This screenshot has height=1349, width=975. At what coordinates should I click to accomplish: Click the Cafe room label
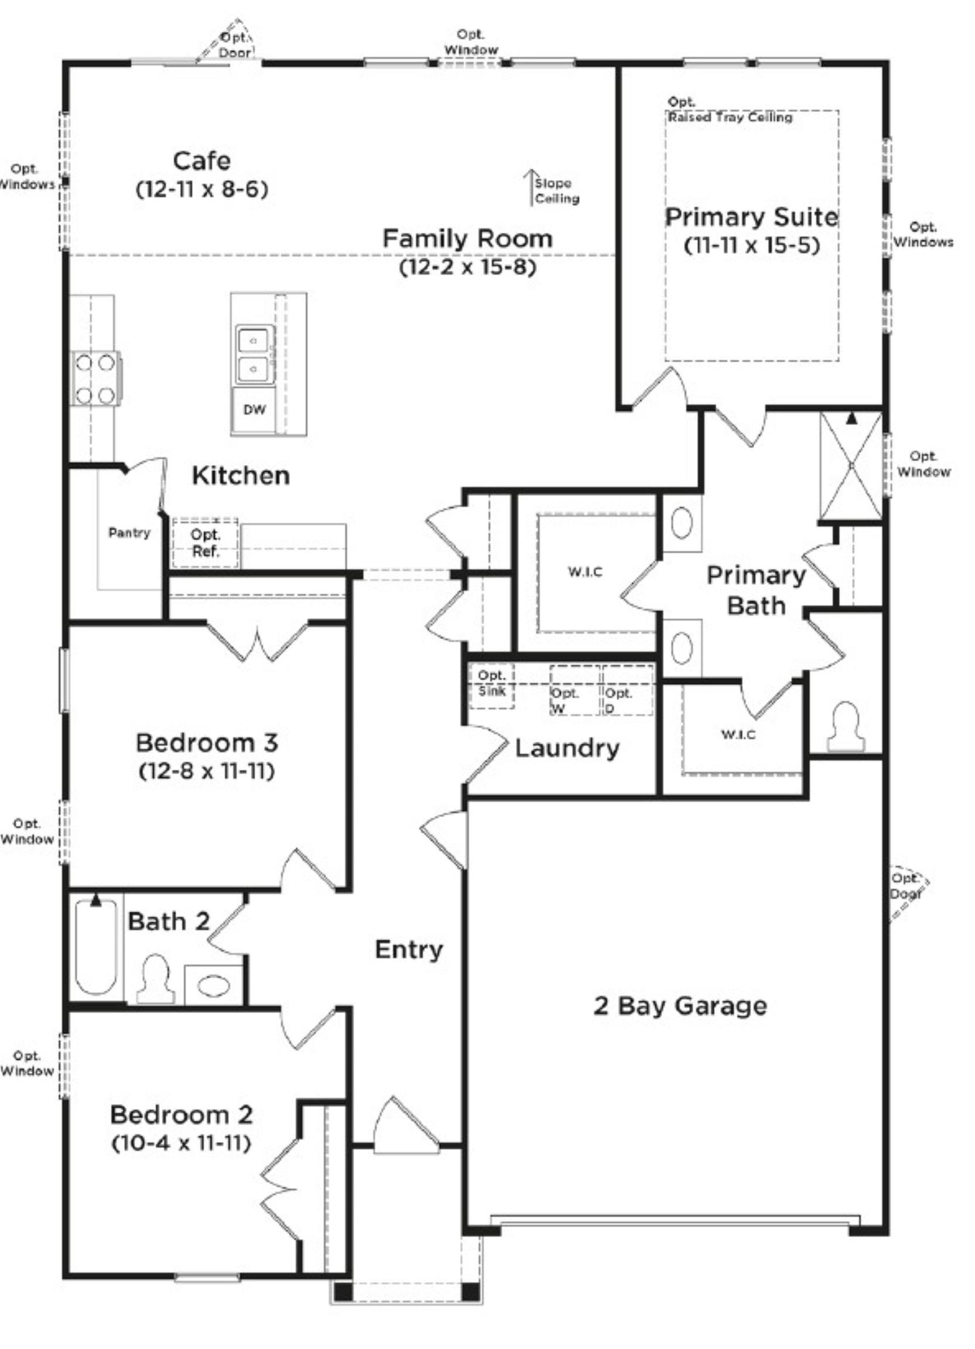click(201, 160)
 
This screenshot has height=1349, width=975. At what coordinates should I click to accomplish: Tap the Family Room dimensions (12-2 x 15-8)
click(467, 267)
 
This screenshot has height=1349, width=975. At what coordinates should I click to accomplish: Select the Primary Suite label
click(751, 217)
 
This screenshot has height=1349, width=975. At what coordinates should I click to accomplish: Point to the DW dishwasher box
click(254, 410)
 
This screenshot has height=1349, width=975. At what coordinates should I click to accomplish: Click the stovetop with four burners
click(96, 378)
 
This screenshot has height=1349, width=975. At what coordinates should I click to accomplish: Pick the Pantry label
click(129, 532)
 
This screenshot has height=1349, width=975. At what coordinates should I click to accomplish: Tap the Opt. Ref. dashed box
click(205, 542)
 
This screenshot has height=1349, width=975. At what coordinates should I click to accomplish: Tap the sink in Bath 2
click(214, 986)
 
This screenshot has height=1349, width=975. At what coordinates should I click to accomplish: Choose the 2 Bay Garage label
click(680, 1006)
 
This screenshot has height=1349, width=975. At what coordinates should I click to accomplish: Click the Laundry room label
click(567, 748)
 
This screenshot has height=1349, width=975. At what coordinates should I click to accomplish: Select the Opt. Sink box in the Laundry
click(492, 686)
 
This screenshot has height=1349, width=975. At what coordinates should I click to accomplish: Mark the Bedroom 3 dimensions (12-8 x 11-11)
click(207, 772)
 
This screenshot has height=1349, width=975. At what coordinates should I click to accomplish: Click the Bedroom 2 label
click(182, 1115)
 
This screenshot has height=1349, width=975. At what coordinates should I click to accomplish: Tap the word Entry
click(409, 949)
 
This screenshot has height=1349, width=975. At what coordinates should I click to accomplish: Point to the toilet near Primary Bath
click(846, 726)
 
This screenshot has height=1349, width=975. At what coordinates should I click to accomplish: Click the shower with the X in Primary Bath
click(851, 465)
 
